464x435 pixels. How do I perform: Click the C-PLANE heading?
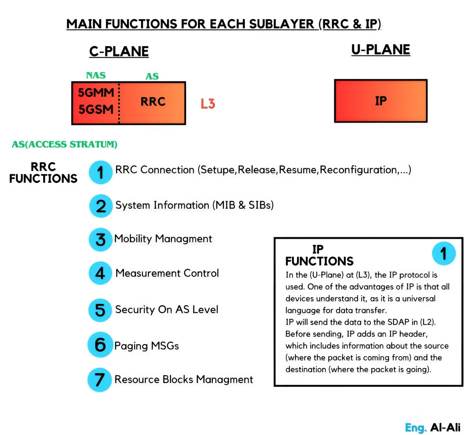[119, 52]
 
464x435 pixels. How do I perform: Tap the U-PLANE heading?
[380, 50]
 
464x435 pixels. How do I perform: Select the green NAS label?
[96, 75]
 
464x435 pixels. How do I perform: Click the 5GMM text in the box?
[96, 93]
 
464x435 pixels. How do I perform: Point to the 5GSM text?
[96, 110]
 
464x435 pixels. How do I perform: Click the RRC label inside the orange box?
[153, 102]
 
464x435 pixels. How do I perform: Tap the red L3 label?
[208, 104]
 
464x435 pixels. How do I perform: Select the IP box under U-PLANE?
[380, 101]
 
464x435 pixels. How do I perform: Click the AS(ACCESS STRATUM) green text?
[64, 144]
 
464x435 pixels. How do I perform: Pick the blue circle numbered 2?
[101, 206]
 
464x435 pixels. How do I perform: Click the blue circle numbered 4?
[100, 273]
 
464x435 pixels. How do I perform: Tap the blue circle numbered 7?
[99, 380]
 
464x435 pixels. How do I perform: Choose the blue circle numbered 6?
[100, 345]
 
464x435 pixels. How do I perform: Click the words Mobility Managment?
[163, 239]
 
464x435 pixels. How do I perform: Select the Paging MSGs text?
[146, 346]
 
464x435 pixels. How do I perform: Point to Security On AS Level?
[166, 310]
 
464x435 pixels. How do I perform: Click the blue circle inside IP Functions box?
[443, 253]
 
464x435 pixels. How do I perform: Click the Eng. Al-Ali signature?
[432, 427]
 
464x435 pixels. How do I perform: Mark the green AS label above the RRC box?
[152, 76]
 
